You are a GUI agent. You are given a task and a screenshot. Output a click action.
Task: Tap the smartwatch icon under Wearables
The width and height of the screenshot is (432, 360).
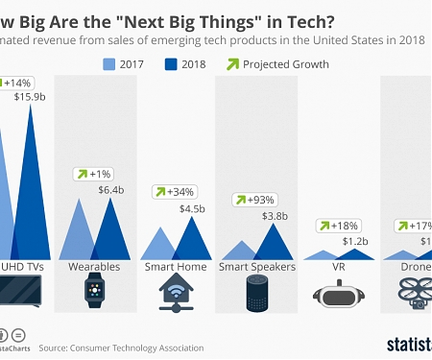[95, 290]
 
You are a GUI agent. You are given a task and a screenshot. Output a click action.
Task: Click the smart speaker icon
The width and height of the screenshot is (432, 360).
[253, 292]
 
